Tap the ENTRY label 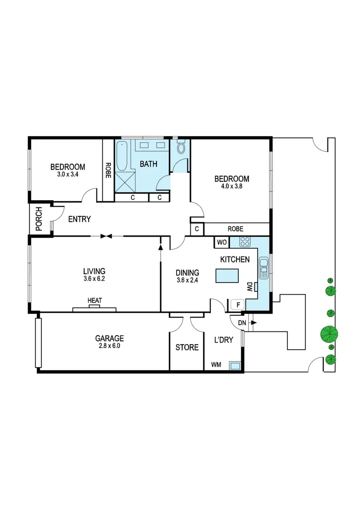point(79,219)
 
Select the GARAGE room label point(109,338)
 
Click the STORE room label point(187,348)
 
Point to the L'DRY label point(224,340)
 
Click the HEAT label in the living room point(94,300)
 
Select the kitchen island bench point(228,275)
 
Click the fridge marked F point(238,304)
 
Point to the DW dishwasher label point(249,287)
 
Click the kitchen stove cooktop point(245,243)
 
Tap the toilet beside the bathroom point(181,148)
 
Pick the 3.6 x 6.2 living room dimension point(94,279)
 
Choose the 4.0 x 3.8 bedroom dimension point(231,187)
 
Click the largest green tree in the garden point(329,334)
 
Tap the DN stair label point(242,323)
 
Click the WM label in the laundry point(216,364)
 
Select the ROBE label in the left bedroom point(108,168)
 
